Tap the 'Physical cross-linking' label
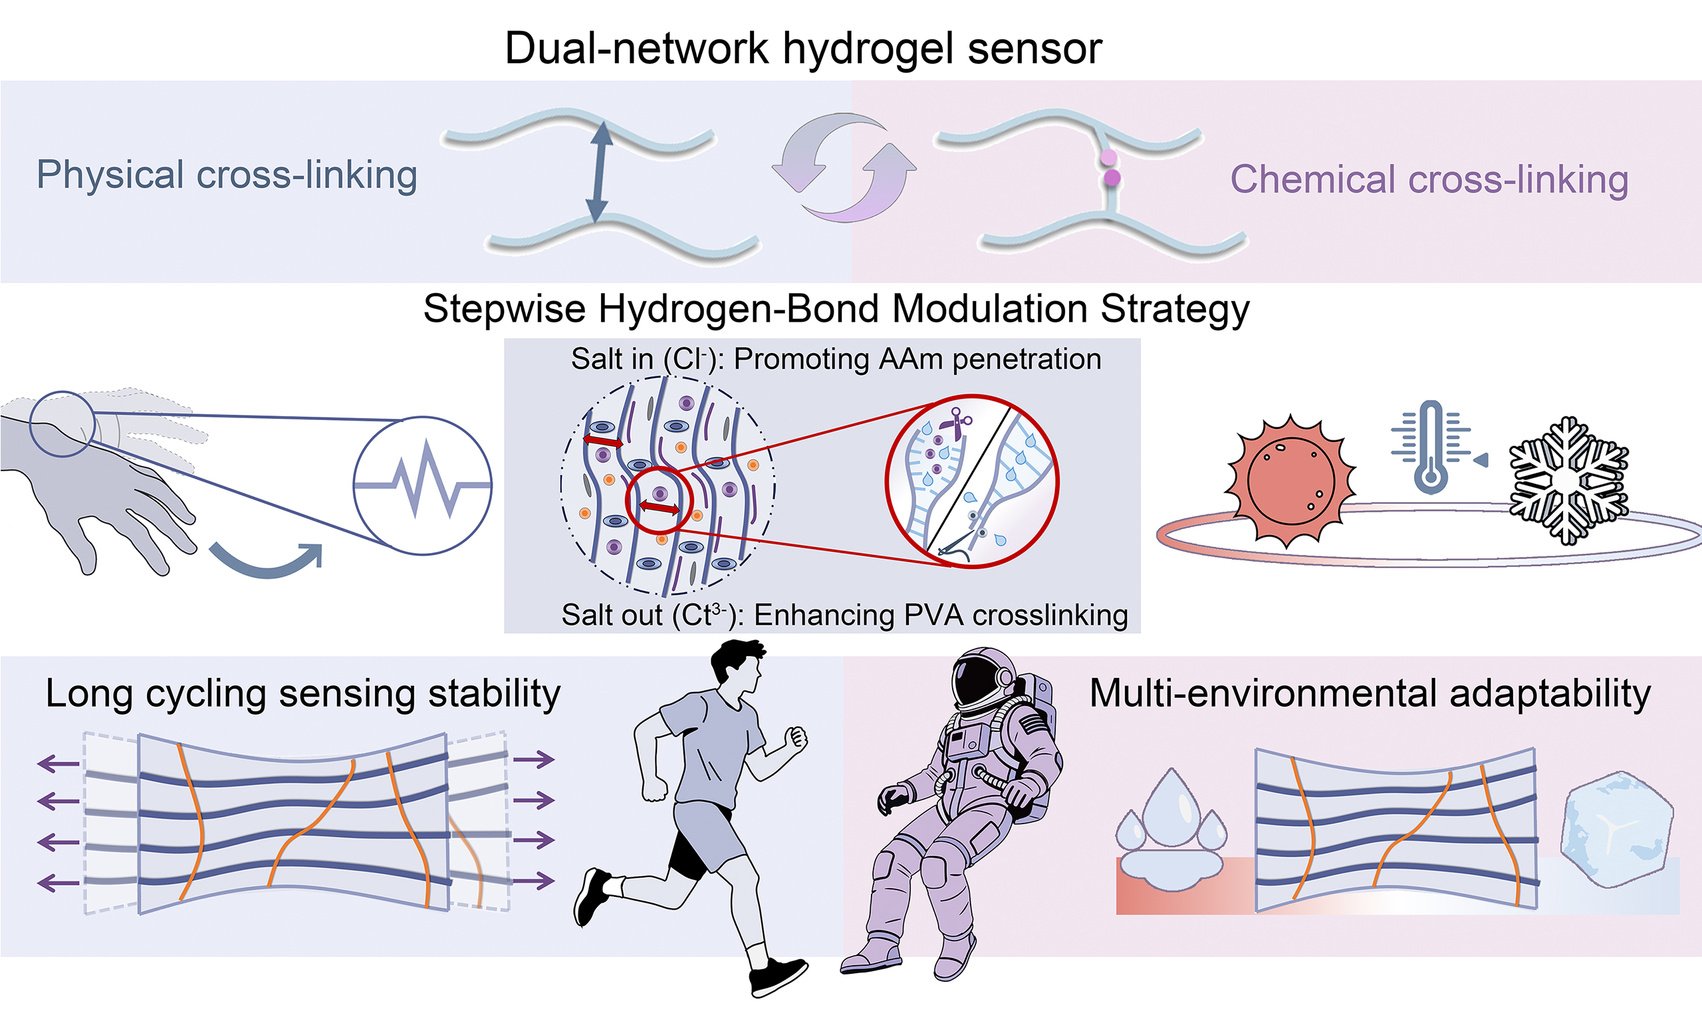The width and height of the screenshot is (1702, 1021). (x=227, y=175)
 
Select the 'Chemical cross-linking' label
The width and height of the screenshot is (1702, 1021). (x=1429, y=179)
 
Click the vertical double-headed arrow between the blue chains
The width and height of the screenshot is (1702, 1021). (x=599, y=171)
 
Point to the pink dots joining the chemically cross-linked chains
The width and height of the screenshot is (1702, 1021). (x=1110, y=169)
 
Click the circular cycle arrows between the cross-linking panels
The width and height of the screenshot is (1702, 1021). (x=845, y=168)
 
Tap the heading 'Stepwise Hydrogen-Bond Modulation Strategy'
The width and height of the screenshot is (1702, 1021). (x=836, y=309)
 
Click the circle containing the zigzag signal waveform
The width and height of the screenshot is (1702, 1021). (x=422, y=486)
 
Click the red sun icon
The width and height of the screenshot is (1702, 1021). (x=1290, y=482)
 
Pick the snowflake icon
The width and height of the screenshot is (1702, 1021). (x=1568, y=480)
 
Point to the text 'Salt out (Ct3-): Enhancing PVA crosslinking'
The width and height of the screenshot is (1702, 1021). (x=845, y=615)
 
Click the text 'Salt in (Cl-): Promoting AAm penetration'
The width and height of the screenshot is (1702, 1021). (x=836, y=359)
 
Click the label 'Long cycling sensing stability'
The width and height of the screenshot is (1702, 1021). (x=303, y=694)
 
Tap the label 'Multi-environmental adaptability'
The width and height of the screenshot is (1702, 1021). (x=1370, y=693)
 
